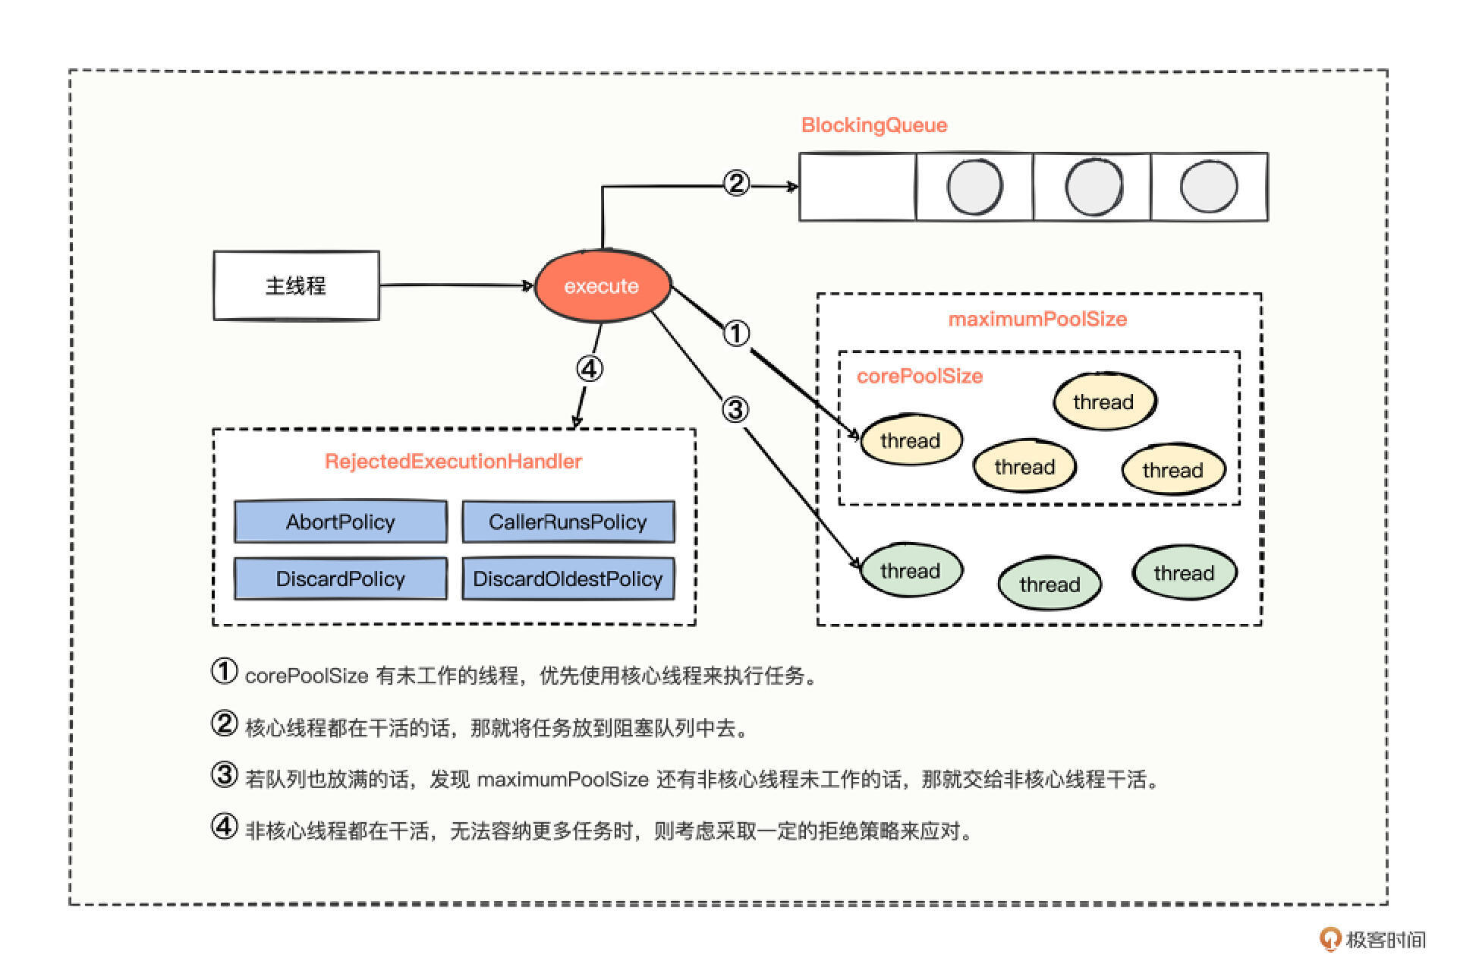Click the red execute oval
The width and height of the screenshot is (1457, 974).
click(603, 286)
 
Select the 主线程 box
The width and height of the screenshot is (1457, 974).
click(296, 285)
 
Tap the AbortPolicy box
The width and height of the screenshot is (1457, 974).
click(341, 522)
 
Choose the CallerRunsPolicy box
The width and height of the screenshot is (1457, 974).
click(568, 522)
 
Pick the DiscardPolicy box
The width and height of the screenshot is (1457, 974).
click(341, 578)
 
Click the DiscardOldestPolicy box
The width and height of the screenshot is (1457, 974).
click(568, 578)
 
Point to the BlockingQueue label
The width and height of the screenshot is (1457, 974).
click(874, 125)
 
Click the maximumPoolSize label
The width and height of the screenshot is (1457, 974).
click(1037, 319)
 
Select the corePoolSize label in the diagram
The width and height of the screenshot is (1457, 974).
click(920, 376)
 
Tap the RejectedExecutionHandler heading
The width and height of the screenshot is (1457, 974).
click(453, 461)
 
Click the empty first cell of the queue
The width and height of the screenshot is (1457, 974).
click(858, 187)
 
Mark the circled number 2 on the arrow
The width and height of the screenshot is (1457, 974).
click(736, 183)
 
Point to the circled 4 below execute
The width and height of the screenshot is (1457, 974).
click(590, 369)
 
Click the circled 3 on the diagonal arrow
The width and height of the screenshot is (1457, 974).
click(735, 410)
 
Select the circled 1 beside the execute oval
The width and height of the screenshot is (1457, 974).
click(736, 333)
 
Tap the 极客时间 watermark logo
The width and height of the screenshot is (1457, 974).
click(1372, 940)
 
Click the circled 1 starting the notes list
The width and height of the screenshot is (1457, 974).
click(224, 671)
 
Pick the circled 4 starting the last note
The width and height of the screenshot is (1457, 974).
click(224, 826)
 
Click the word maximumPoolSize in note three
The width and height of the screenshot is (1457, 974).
click(562, 780)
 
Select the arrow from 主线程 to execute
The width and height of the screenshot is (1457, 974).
click(455, 285)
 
